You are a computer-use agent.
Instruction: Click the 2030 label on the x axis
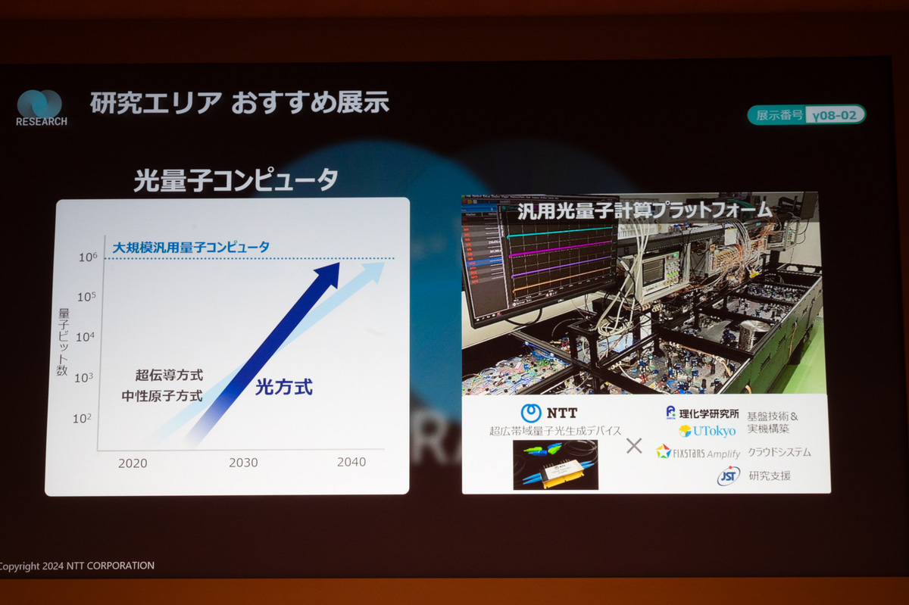243,463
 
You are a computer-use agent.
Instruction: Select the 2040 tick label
351,462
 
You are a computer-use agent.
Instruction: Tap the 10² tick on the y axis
82,418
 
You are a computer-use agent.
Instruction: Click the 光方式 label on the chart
283,388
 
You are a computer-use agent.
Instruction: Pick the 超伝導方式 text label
169,375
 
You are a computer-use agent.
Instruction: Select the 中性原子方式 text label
162,395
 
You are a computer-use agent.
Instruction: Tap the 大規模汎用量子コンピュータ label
191,247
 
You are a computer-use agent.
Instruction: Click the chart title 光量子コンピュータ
236,180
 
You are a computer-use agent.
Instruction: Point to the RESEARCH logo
41,108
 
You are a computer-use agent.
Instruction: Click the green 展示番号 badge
806,115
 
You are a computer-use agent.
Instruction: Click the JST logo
728,476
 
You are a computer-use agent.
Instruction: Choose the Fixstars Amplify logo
698,452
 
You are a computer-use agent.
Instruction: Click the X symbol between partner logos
634,446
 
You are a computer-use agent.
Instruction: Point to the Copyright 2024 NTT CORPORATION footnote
77,566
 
